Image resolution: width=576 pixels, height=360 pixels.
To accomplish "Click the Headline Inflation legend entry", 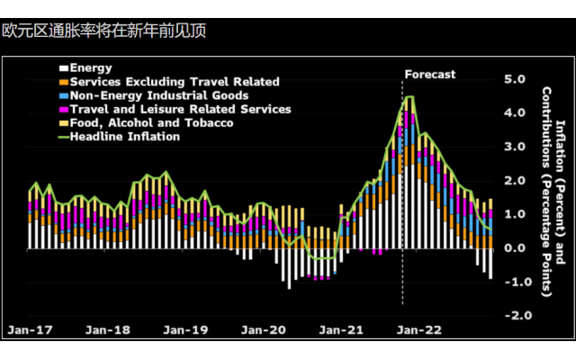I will pyautogui.click(x=122, y=136).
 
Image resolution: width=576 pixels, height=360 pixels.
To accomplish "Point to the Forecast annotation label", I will pyautogui.click(x=429, y=74).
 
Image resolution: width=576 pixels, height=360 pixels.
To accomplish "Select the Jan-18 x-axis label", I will pyautogui.click(x=108, y=330).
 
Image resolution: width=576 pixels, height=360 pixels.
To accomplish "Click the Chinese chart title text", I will pyautogui.click(x=103, y=31).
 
